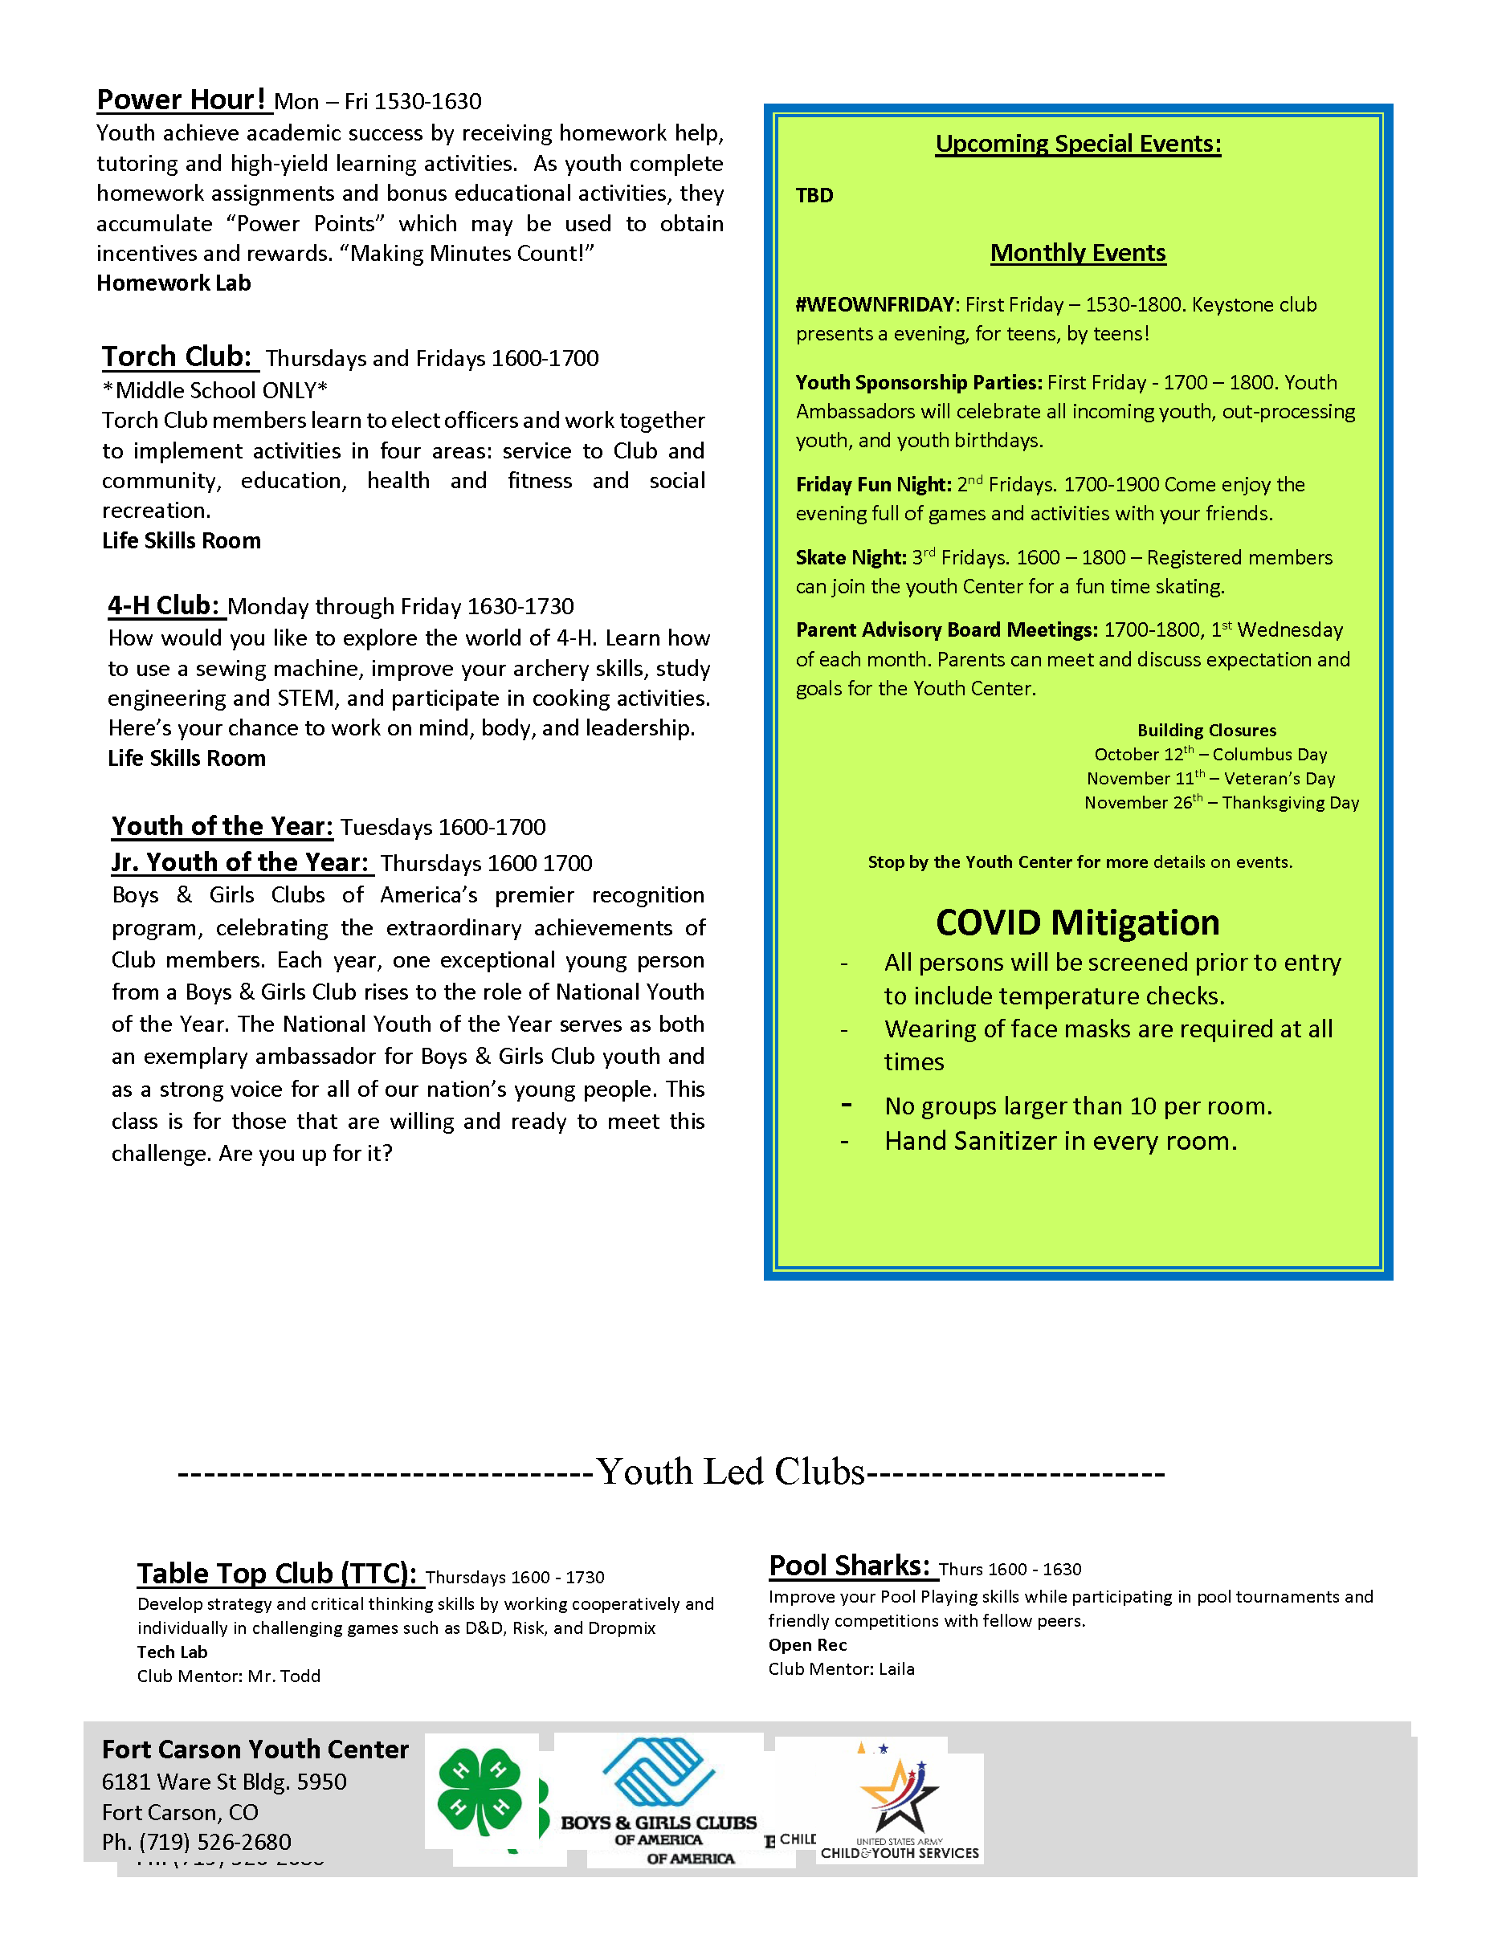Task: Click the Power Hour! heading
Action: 181,100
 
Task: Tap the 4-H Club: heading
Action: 164,606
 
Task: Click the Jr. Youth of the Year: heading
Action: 239,862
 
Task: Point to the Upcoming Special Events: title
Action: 1078,145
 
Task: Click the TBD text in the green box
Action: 814,196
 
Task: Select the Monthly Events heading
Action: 1078,254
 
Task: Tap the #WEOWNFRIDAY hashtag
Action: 875,305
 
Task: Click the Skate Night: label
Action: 851,558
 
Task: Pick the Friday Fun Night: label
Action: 873,485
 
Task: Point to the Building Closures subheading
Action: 1206,731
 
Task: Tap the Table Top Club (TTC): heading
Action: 277,1574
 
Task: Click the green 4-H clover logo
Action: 480,1792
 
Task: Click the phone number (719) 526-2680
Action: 214,1842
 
